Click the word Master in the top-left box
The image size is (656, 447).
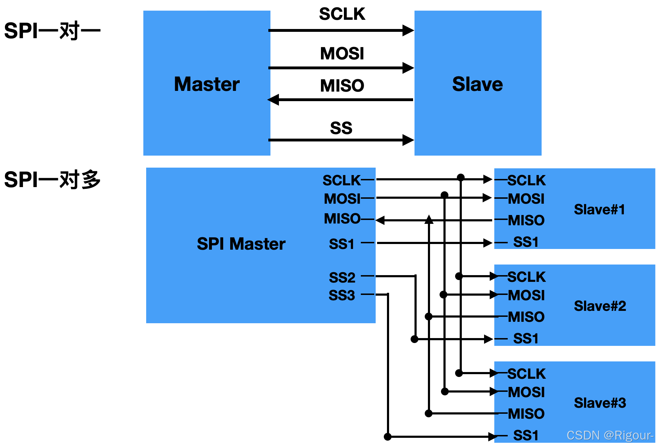click(x=207, y=84)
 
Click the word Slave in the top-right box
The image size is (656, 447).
click(x=477, y=84)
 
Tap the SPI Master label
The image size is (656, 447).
click(x=241, y=244)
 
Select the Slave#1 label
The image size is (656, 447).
click(x=600, y=210)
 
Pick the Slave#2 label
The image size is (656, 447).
click(x=600, y=306)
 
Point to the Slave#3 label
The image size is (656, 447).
click(x=600, y=403)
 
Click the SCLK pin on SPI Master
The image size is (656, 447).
click(x=341, y=180)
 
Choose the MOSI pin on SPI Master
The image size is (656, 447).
click(x=342, y=199)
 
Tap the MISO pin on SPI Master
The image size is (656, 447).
click(x=342, y=219)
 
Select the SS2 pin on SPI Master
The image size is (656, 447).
click(x=342, y=278)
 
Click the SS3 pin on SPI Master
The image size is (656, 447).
click(x=342, y=295)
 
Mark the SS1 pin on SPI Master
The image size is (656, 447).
click(x=341, y=244)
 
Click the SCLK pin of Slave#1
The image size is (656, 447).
click(x=526, y=180)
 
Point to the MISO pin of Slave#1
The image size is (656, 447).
click(x=526, y=220)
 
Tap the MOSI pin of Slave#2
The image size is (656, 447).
click(x=526, y=295)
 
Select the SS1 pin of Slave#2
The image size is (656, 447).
click(x=526, y=339)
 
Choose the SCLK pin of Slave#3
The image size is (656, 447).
click(x=526, y=374)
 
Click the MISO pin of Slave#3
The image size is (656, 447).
click(x=526, y=414)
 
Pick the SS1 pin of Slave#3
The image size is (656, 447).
click(x=526, y=435)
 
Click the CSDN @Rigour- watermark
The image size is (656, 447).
click(x=610, y=435)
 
